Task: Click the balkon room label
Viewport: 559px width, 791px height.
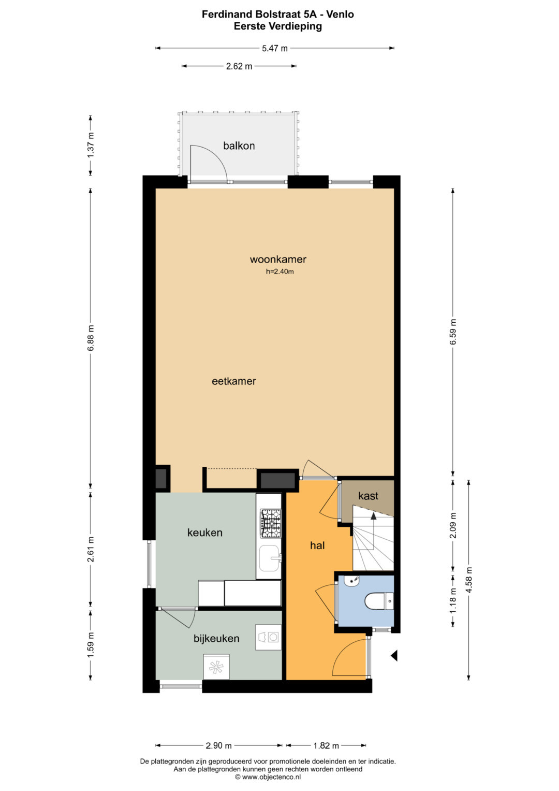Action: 239,146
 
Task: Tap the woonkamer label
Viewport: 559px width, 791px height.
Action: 278,260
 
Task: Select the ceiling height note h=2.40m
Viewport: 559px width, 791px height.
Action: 280,272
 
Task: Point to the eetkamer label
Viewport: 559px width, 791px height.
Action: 233,381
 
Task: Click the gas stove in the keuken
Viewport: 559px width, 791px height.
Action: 271,524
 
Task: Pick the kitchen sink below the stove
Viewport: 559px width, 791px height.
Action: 270,558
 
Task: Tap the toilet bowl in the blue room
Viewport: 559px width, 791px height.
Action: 379,601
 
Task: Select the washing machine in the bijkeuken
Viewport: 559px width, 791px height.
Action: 268,637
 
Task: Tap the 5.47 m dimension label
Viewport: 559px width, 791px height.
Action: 274,48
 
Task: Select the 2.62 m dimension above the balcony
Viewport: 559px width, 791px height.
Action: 239,66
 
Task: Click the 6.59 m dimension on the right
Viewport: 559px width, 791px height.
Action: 453,332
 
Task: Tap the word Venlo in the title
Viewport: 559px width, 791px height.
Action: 340,14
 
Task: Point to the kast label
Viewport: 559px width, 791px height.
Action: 368,496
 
